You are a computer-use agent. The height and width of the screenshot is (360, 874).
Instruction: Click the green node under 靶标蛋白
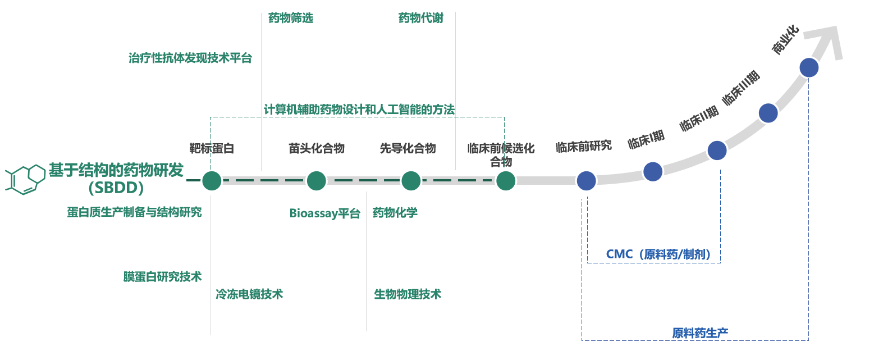tap(212, 181)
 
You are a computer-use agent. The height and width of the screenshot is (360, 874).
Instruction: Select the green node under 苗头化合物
tap(317, 181)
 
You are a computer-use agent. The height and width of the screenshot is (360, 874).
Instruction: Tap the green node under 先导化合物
tap(411, 181)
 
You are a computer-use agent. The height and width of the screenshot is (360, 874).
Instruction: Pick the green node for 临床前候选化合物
tap(505, 181)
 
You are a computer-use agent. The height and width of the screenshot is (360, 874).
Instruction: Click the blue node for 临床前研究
tap(586, 181)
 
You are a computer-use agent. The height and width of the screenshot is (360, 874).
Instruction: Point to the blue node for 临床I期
tap(653, 171)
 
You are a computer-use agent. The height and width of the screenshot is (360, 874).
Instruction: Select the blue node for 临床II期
tap(717, 151)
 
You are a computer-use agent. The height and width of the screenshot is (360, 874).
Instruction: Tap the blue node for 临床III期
tap(768, 113)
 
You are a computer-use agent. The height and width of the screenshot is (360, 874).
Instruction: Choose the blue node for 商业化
tap(809, 67)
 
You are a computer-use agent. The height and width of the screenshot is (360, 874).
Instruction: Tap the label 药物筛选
tap(291, 19)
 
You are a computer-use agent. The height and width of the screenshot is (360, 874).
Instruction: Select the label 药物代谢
tap(421, 19)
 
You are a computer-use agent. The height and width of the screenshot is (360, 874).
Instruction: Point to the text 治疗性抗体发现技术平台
tap(190, 58)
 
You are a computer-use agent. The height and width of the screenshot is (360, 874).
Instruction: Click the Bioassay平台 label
tap(325, 213)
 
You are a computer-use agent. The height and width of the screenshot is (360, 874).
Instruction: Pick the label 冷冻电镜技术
tap(249, 294)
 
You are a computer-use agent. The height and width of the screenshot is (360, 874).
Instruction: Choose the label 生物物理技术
tap(408, 294)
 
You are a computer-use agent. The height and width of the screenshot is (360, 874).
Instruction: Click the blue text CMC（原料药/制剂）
tap(659, 254)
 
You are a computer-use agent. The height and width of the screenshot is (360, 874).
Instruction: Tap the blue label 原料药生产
tap(700, 332)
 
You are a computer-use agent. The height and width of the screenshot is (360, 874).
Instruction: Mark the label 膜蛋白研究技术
tap(162, 277)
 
